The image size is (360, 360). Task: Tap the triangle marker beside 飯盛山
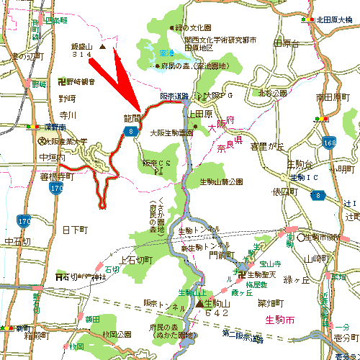click(102, 48)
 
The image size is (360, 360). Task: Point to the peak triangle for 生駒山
click(199, 304)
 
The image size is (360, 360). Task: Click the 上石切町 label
click(138, 259)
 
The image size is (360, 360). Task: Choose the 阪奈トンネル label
click(161, 302)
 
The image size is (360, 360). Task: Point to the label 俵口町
click(284, 192)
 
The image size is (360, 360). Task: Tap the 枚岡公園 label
click(116, 333)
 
